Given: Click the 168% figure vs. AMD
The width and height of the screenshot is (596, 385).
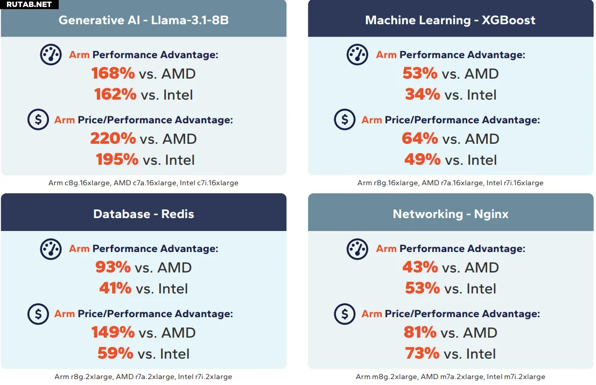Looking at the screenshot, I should click(x=113, y=73).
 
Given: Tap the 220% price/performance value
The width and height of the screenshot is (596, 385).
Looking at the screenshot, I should click(x=113, y=139).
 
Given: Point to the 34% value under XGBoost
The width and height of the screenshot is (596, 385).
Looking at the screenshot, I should click(x=423, y=95).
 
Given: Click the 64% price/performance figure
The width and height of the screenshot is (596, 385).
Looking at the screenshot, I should click(x=420, y=139).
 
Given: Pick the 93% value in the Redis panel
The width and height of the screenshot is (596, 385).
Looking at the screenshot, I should click(x=113, y=267).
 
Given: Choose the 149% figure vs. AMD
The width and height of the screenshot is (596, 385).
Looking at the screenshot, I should click(x=113, y=333).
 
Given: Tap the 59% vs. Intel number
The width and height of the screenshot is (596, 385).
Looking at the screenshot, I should click(x=115, y=354).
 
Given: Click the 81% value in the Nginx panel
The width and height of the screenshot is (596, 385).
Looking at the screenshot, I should click(x=420, y=333).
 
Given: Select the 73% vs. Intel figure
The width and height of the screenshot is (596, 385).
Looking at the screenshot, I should click(x=423, y=354).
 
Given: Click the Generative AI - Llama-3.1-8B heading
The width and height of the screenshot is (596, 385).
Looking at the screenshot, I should click(x=144, y=20).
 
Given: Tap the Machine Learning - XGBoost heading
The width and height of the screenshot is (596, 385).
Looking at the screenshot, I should click(x=450, y=20).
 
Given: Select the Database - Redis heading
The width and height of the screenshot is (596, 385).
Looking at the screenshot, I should click(x=144, y=214).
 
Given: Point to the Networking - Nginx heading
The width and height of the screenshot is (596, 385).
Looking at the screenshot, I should click(x=450, y=214).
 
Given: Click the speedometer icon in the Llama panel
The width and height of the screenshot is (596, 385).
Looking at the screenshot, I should click(x=51, y=54).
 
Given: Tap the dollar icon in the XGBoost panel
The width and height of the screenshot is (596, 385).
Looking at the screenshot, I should click(x=345, y=120).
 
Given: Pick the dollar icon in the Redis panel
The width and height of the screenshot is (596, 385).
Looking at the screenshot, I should click(x=38, y=313).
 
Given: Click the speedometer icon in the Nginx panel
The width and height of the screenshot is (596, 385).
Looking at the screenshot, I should click(x=357, y=248).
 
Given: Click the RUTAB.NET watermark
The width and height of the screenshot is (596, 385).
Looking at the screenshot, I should click(x=29, y=4).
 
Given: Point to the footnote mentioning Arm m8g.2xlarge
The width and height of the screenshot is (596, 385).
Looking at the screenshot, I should click(x=450, y=377).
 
